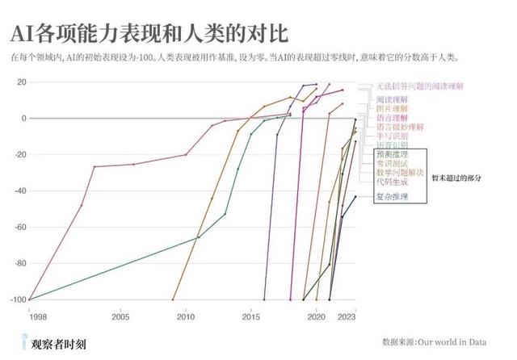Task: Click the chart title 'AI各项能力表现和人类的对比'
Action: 149,34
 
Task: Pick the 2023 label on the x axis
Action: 347,317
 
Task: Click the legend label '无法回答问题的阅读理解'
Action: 418,86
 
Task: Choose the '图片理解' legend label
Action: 392,107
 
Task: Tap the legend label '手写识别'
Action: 392,136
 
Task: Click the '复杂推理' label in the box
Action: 392,196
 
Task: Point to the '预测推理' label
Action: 392,153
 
